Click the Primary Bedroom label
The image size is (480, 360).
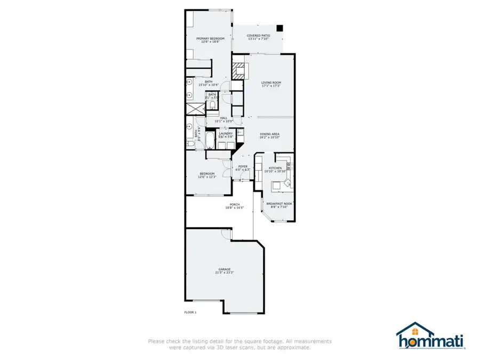tap(210, 38)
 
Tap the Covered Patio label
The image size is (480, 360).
tap(258, 36)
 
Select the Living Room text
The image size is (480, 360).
tap(271, 83)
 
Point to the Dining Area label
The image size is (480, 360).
tap(269, 134)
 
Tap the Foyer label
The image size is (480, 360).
tap(243, 167)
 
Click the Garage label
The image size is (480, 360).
tap(225, 269)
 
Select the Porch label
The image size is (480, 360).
tap(234, 204)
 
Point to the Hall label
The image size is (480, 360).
tap(223, 118)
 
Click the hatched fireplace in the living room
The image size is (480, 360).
tap(239, 70)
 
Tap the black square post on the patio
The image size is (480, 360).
tap(280, 28)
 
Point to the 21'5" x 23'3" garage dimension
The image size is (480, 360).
tap(225, 273)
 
